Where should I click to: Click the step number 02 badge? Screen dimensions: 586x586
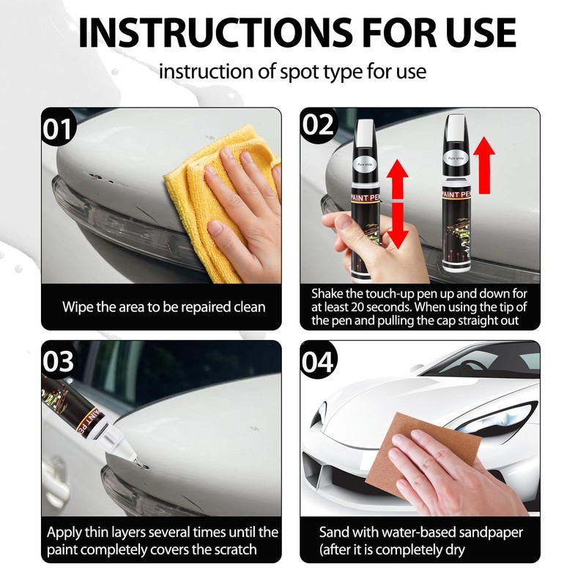pyautogui.click(x=319, y=126)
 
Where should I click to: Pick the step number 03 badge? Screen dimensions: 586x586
pyautogui.click(x=59, y=362)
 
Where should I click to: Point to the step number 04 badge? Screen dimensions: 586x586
pyautogui.click(x=319, y=362)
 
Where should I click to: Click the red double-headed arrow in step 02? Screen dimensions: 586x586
pyautogui.click(x=396, y=205)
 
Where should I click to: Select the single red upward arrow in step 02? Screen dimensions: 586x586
pyautogui.click(x=484, y=157)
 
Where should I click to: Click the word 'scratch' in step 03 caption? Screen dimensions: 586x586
pyautogui.click(x=239, y=549)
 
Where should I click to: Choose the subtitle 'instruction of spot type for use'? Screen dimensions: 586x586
pyautogui.click(x=292, y=72)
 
